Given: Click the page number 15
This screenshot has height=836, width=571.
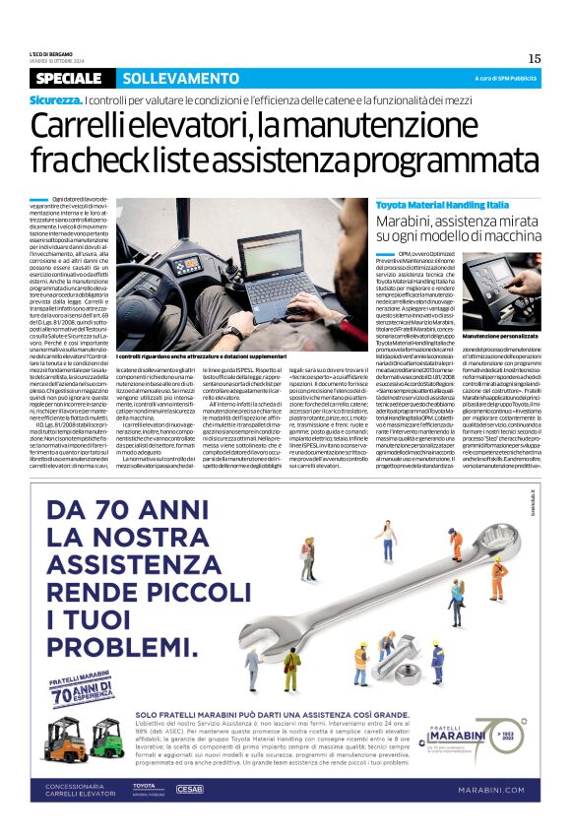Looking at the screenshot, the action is point(535,59).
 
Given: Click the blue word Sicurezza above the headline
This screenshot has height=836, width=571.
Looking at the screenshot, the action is point(55,99).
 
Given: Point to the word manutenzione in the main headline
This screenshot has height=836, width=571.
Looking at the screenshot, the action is point(374,126).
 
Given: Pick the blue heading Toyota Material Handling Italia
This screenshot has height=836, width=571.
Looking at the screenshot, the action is point(442,203).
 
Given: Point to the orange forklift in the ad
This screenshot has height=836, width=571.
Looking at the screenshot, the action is point(105,741).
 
